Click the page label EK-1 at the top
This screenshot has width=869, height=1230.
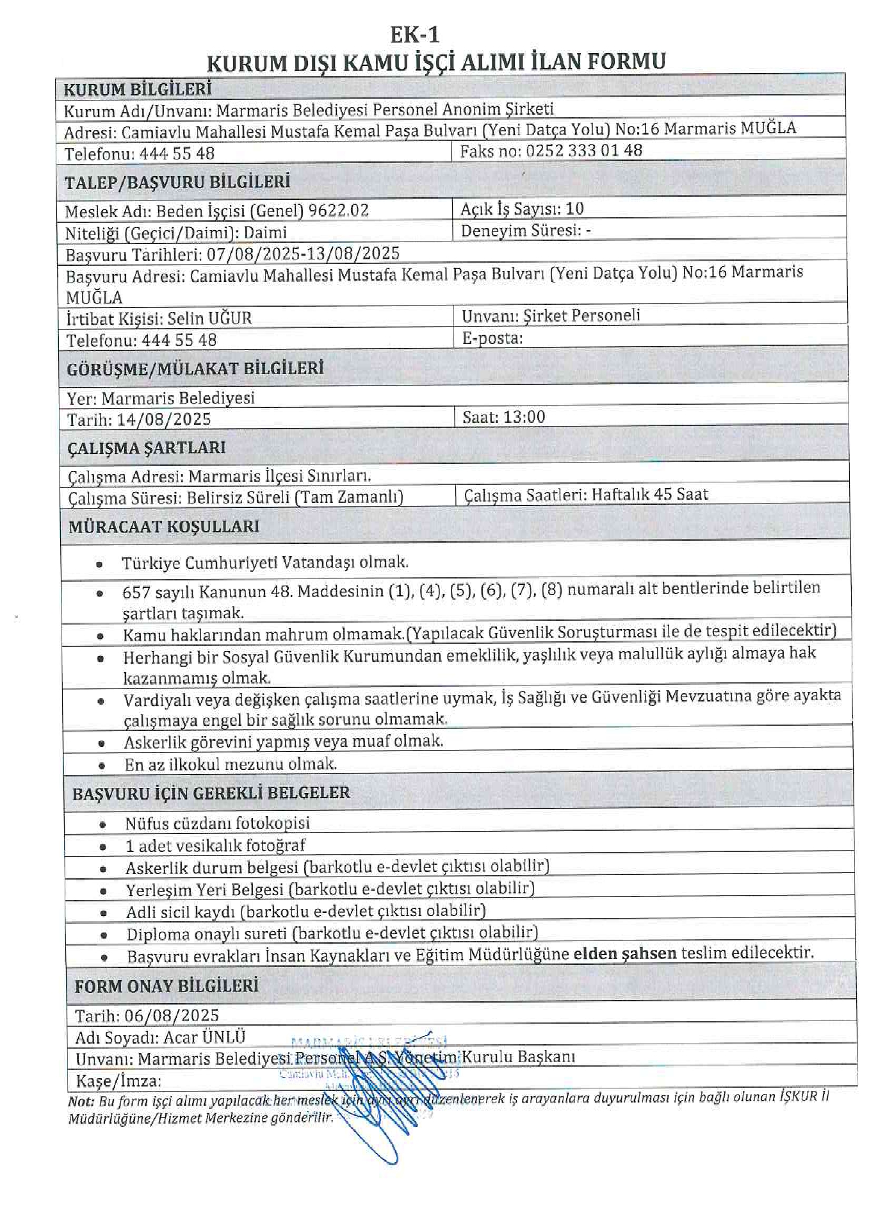pos(415,34)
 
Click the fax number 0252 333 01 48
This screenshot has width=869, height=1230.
pos(584,151)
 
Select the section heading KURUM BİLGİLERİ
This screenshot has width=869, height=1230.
pos(138,89)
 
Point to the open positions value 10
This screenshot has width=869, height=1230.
pos(575,209)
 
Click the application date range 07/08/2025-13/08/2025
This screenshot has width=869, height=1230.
pos(303,254)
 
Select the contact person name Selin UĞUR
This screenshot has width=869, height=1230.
pos(209,318)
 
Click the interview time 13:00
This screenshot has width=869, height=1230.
pos(524,417)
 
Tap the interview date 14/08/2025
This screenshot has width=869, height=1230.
pos(164,420)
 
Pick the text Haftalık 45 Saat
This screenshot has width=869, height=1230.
pos(649,495)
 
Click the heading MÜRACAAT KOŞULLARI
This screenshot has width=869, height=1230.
pos(164,527)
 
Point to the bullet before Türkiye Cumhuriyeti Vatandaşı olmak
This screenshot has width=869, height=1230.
pos(99,565)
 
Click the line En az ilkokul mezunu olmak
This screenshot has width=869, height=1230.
pos(231,764)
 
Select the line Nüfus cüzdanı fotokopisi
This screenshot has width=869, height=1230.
pos(217,823)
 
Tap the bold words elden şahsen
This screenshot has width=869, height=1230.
pos(624,953)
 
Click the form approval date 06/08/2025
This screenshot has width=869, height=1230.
pos(172,1015)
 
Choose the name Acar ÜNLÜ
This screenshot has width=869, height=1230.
pos(204,1037)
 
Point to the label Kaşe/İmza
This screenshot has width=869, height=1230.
pos(118,1081)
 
